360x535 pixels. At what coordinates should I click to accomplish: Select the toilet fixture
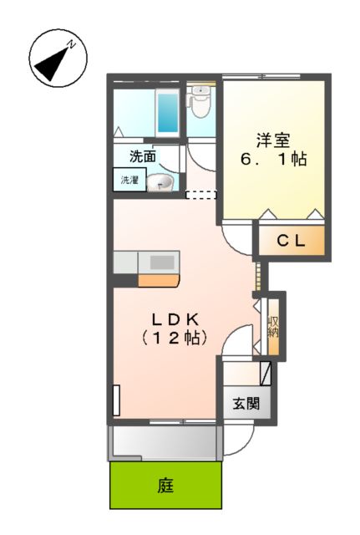pos(200,104)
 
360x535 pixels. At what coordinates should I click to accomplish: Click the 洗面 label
pos(142,155)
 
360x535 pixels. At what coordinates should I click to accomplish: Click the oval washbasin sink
pos(161,182)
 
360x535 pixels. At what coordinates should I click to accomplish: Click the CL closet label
pos(289,242)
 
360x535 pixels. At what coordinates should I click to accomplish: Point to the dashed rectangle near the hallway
pos(200,195)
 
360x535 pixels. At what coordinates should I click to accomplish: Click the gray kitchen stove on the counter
pos(161,261)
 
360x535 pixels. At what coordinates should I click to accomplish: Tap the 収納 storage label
pos(272,326)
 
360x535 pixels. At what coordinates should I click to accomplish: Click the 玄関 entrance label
pos(246,405)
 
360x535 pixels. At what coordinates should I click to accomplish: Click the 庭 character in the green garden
pos(166,486)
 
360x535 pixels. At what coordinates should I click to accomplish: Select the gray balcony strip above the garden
pos(163,441)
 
